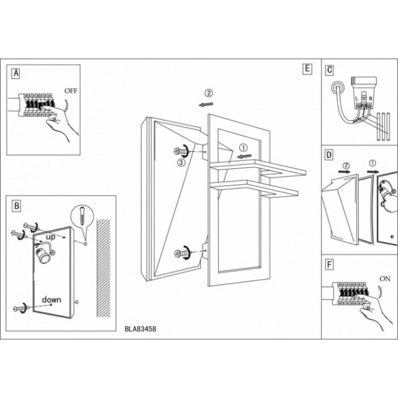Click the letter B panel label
click(16, 204)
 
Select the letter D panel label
click(329, 155)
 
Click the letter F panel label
click(329, 264)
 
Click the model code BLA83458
click(140, 329)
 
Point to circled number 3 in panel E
click(180, 164)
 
